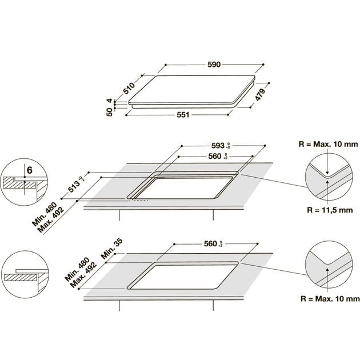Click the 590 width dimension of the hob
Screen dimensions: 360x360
(x=214, y=64)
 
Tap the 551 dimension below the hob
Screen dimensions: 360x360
(x=182, y=115)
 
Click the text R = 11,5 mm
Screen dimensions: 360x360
(x=330, y=210)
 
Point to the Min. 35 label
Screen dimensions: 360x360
(x=110, y=250)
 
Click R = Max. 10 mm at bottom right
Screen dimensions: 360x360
(x=331, y=298)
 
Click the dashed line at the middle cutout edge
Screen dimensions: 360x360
(x=141, y=201)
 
